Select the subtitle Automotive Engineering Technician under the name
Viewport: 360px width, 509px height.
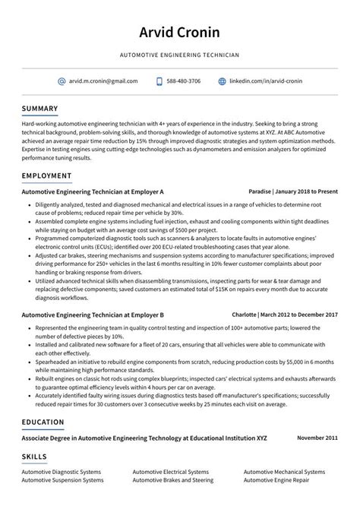[x=179, y=55]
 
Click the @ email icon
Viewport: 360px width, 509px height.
[x=62, y=81]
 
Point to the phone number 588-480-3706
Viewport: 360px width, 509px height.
[x=184, y=81]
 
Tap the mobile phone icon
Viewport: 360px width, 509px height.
[x=159, y=81]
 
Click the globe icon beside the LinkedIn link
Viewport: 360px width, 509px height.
[x=223, y=81]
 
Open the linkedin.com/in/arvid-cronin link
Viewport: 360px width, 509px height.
[x=265, y=81]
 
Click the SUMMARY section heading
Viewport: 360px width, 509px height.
[x=39, y=108]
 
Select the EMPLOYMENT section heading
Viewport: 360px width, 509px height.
[x=46, y=175]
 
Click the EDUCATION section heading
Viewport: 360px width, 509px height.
[x=43, y=422]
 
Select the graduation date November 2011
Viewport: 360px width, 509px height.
[x=317, y=438]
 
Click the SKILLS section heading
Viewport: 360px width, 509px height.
[x=34, y=457]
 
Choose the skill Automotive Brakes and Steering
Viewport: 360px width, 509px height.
[x=172, y=480]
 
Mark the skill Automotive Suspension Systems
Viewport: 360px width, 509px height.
[x=62, y=480]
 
